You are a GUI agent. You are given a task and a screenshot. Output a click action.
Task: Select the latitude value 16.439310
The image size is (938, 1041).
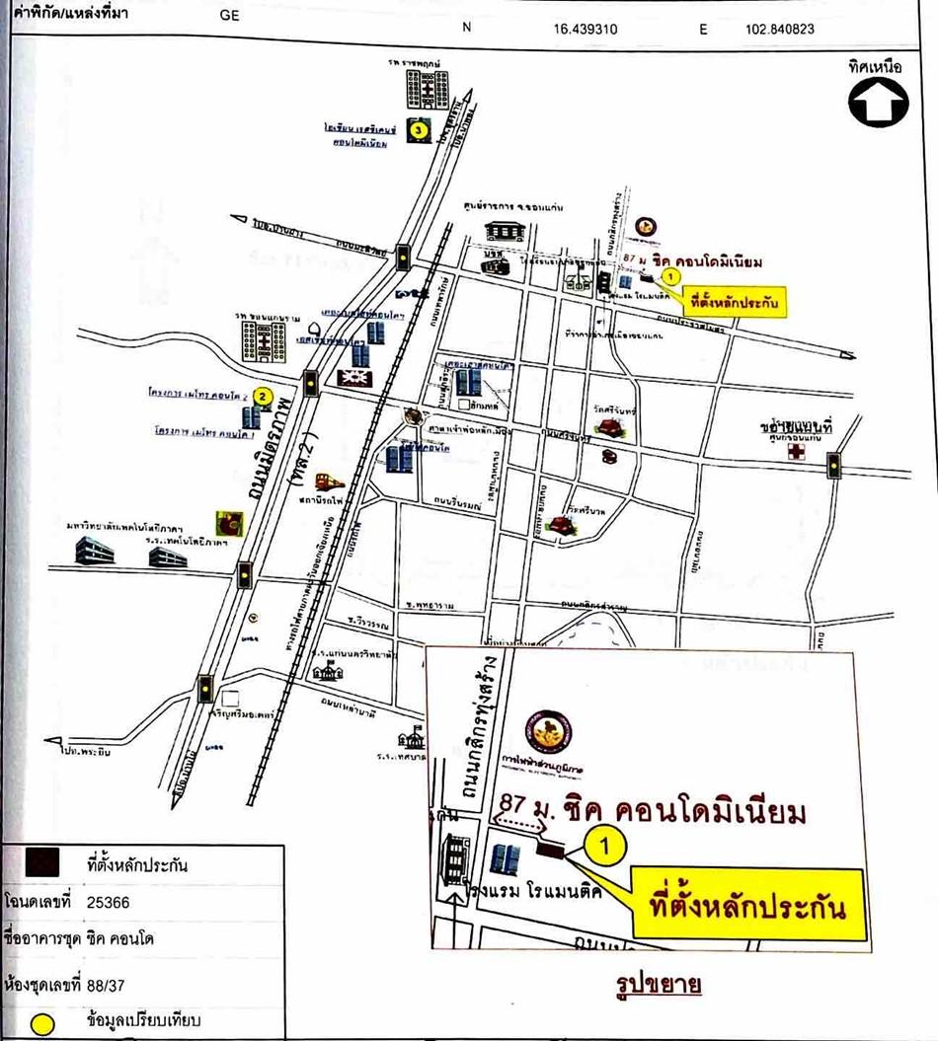coord(586,29)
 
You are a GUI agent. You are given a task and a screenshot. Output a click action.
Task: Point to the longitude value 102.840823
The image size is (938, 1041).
coord(779,29)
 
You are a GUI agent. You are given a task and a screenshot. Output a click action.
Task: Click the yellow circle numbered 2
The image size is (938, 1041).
coord(263,396)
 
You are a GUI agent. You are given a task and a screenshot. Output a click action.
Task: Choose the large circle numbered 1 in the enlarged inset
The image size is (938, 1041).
coord(607,845)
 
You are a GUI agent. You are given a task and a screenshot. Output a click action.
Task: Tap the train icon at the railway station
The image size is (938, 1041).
coord(327,483)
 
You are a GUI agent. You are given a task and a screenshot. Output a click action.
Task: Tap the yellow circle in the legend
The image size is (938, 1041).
coord(42,1021)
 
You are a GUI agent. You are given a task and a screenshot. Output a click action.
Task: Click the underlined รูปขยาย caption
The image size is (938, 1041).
coord(652,985)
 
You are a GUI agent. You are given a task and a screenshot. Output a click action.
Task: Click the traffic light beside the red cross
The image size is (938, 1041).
coord(834,462)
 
